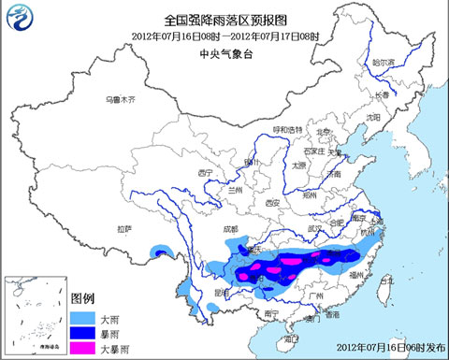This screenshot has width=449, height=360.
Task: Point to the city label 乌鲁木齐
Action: point(120,99)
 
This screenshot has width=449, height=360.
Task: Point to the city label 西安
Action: point(272,202)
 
